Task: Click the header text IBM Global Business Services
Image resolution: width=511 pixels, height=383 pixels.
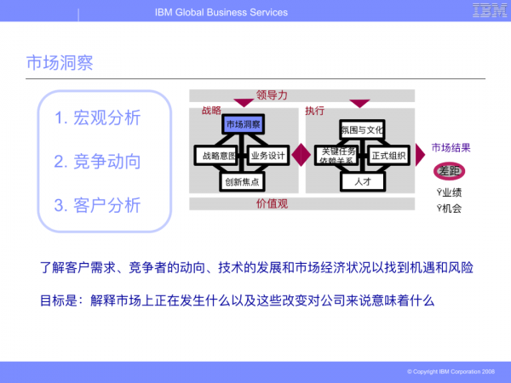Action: tap(221, 12)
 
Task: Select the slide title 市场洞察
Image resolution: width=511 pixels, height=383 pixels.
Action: tap(60, 63)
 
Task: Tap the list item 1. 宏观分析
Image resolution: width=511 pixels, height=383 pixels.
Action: tap(98, 118)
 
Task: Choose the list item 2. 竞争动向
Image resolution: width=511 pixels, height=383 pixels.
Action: tap(98, 162)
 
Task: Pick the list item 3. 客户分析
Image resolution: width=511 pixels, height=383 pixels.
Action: tap(98, 205)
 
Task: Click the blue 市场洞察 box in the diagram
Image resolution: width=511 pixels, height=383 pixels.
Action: tap(243, 125)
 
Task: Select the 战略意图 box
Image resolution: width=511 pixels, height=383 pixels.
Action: tap(215, 156)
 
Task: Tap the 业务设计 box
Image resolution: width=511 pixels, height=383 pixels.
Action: tap(267, 156)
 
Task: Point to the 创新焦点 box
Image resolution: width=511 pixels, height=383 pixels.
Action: tap(243, 181)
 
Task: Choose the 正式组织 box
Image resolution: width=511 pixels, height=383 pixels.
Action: tap(388, 156)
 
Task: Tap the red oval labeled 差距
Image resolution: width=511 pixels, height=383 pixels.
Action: tap(449, 172)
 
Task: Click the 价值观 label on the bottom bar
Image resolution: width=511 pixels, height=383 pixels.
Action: tap(273, 204)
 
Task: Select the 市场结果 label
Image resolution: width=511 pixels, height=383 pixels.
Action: tap(451, 148)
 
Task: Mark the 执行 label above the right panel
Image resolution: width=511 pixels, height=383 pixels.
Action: tap(314, 111)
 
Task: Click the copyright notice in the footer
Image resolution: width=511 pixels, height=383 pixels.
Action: tap(451, 372)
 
